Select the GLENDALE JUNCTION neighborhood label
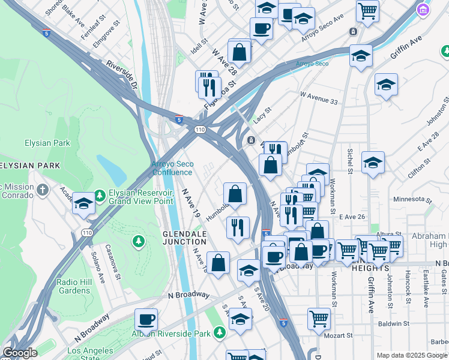[184, 238]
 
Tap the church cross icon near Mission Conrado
[42, 190]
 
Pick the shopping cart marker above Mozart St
[319, 318]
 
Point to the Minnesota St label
[412, 199]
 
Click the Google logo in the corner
[20, 353]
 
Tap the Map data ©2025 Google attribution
[411, 355]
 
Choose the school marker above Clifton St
[373, 162]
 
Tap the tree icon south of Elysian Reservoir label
[139, 241]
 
